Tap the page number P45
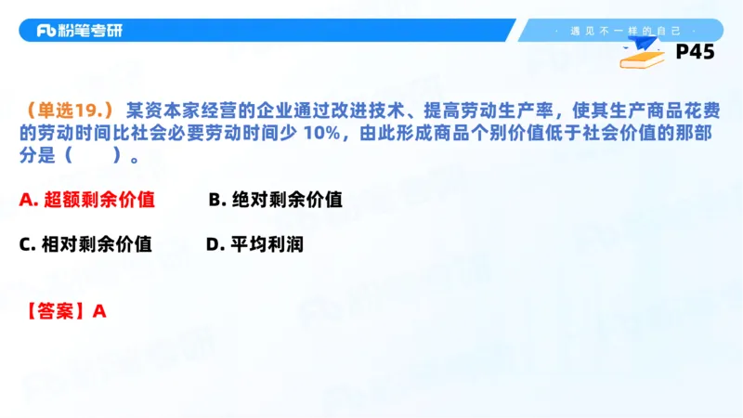coord(695,53)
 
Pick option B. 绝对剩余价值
coord(275,200)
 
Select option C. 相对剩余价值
coord(85,244)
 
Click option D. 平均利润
coord(254,244)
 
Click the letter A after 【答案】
coord(100,311)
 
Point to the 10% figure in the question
coord(321,133)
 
